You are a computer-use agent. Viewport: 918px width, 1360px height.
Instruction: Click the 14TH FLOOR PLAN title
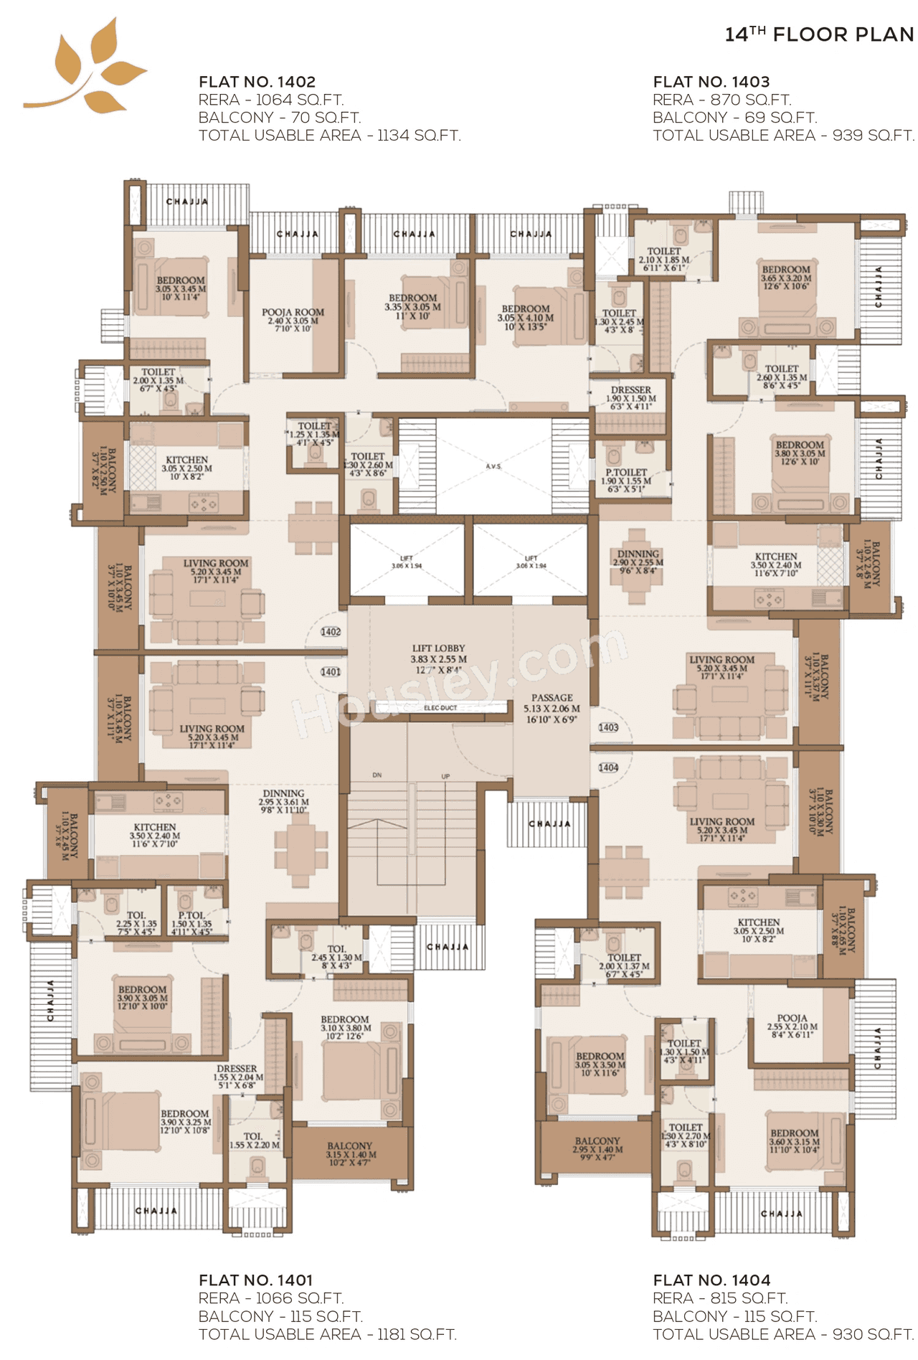tap(819, 34)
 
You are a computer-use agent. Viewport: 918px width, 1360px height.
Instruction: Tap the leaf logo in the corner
tap(87, 68)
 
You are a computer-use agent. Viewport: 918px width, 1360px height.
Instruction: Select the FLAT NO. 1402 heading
tap(257, 82)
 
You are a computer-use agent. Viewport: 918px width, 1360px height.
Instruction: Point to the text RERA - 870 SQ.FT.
tap(721, 100)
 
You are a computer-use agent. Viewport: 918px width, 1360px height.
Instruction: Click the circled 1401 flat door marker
tap(331, 672)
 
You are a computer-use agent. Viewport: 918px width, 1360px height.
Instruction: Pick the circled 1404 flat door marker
tap(608, 768)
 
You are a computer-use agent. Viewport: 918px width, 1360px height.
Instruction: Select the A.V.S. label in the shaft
tap(493, 467)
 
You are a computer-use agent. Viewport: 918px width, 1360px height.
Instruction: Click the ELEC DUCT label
tap(440, 708)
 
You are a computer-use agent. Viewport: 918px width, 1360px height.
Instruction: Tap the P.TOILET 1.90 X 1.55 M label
tap(626, 481)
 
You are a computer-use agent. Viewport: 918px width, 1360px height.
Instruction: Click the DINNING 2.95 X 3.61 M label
tap(284, 801)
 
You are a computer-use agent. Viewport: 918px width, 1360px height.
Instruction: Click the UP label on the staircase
tap(445, 777)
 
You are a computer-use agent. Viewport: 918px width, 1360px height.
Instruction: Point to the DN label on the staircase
tap(377, 775)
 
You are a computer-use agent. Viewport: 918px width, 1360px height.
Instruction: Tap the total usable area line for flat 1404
tap(782, 1334)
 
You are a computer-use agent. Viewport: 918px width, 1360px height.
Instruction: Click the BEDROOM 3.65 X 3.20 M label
tap(786, 278)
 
